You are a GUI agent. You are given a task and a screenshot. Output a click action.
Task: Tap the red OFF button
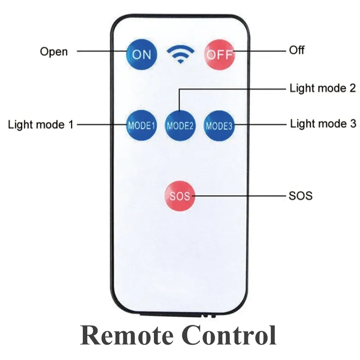click(220, 54)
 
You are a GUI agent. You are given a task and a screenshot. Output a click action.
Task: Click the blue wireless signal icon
click(180, 54)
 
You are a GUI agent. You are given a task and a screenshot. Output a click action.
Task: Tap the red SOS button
click(180, 196)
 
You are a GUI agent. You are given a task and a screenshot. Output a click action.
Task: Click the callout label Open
click(54, 51)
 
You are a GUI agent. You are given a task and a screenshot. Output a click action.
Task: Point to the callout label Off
click(297, 50)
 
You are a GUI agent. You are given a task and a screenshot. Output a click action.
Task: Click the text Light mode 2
click(323, 88)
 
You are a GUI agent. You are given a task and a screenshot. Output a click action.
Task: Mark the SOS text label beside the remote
click(300, 196)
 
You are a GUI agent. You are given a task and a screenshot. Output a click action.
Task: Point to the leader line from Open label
click(101, 51)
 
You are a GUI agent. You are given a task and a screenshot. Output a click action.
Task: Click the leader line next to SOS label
click(238, 196)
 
